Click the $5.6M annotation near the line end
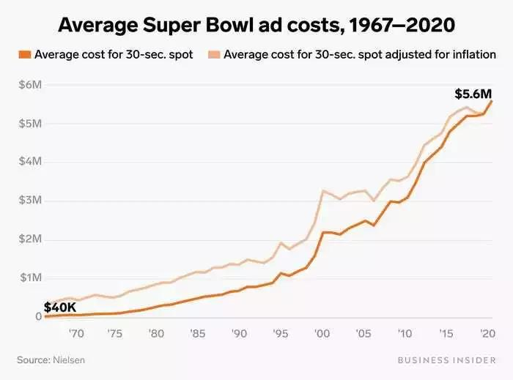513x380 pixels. click(x=473, y=94)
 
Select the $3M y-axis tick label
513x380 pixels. click(x=31, y=201)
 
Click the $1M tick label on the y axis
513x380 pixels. click(x=31, y=278)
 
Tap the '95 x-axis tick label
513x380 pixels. click(x=281, y=333)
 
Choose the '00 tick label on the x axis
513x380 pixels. click(x=322, y=333)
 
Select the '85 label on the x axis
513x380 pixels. click(x=198, y=333)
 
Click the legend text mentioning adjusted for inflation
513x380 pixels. click(x=360, y=55)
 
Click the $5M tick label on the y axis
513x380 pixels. click(x=31, y=123)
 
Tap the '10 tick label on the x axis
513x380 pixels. click(x=404, y=333)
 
